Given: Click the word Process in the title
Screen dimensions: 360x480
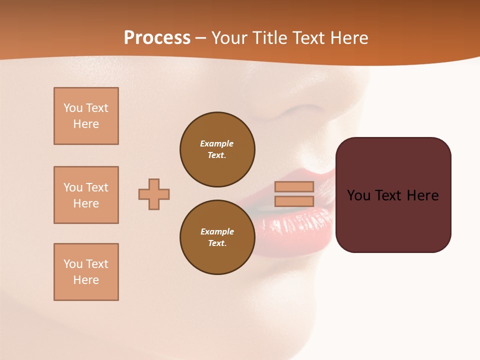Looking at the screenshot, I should [157, 38].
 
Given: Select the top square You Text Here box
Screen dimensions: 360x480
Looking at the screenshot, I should [86, 116].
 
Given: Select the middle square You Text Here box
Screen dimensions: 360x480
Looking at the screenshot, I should [86, 195].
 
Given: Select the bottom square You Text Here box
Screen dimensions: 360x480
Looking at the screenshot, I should [86, 272].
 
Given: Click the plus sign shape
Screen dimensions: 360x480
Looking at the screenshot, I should [154, 194].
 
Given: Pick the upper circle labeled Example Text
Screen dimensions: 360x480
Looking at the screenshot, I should [217, 149].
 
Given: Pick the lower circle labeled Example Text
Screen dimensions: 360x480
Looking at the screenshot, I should [217, 237].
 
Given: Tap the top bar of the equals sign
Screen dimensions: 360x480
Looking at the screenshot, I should [294, 186].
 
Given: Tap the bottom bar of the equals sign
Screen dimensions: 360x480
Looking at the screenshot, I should [294, 201].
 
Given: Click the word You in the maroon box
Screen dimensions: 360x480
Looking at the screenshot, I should [358, 195].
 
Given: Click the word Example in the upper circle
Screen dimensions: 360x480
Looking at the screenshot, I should [216, 143].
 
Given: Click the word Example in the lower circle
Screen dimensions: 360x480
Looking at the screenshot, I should [217, 231].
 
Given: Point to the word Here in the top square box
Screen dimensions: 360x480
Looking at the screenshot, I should [86, 124].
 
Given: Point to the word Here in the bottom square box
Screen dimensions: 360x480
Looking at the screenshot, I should [86, 280].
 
